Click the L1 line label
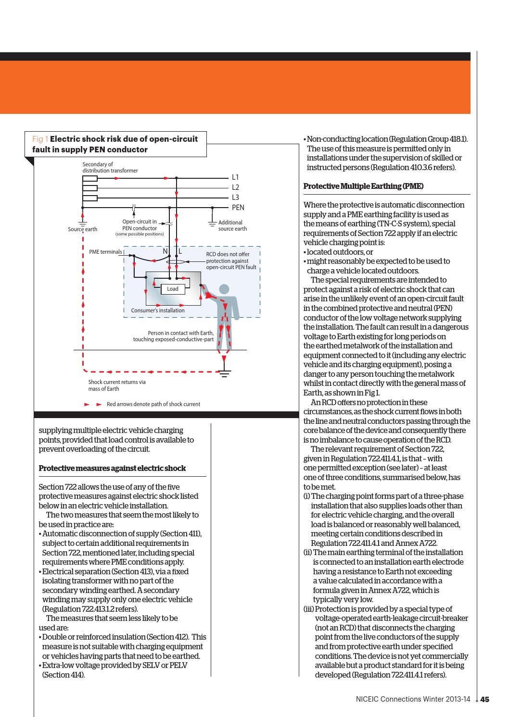tap(235, 177)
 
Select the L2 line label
tap(235, 187)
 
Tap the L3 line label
tap(235, 198)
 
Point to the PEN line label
tap(238, 208)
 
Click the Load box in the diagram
tap(173, 289)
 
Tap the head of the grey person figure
tap(224, 289)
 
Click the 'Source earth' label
tap(82, 229)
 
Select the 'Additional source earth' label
tap(232, 225)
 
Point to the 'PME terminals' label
tap(105, 252)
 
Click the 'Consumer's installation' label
tap(158, 310)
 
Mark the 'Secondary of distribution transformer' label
tap(110, 168)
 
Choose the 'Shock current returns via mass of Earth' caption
tap(117, 385)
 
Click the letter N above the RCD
tap(165, 251)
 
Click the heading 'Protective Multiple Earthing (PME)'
tap(364, 186)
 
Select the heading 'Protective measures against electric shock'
tap(112, 468)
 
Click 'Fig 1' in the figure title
tap(40, 139)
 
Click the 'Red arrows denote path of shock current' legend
tap(153, 404)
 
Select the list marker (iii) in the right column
tap(308, 609)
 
